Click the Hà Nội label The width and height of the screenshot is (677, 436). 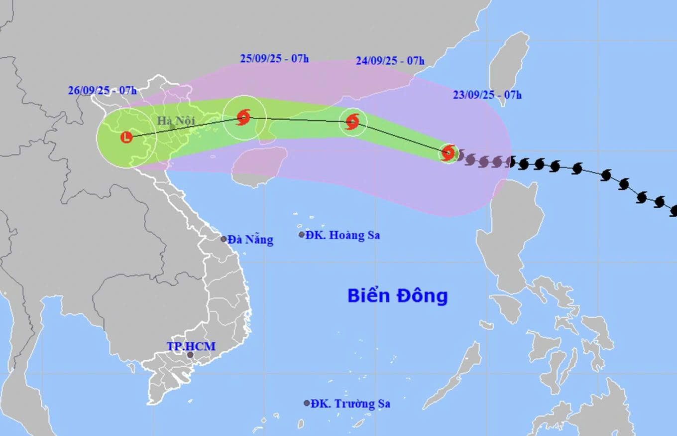[176, 121]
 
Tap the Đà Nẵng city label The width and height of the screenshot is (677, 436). [251, 240]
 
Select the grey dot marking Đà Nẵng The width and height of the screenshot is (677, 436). [224, 239]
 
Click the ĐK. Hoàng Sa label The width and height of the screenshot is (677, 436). [342, 235]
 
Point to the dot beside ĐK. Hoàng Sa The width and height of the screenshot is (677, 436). [302, 235]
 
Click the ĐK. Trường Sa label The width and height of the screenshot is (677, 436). [350, 404]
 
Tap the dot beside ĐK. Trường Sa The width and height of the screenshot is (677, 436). [307, 403]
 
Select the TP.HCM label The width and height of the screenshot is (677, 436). [191, 346]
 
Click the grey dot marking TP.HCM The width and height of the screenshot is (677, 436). [190, 355]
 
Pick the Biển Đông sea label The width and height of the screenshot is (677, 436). [397, 295]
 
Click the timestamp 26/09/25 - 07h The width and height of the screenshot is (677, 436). [103, 91]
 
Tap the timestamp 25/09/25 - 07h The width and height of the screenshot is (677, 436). [274, 58]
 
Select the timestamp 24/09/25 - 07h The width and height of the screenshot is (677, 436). [390, 61]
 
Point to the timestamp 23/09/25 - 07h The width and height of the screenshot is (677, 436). [487, 95]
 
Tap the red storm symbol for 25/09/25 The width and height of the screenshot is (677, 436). [243, 118]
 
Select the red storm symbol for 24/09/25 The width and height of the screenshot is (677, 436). [352, 121]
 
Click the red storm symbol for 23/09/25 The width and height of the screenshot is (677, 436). [448, 152]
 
